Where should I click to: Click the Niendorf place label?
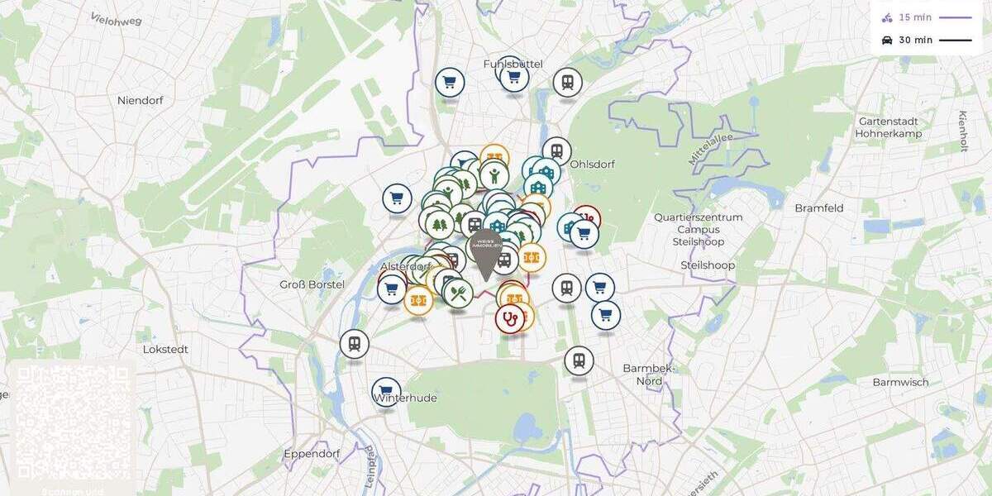[x=140, y=100]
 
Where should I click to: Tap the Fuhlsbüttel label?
[x=513, y=64]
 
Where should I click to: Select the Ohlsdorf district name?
[x=592, y=164]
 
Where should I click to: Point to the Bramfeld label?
[x=818, y=208]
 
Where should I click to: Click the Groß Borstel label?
[x=312, y=284]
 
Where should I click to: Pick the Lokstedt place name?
[x=165, y=349]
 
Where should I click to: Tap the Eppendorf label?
[x=312, y=454]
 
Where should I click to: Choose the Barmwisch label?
[x=900, y=382]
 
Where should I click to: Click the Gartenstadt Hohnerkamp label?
[x=889, y=126]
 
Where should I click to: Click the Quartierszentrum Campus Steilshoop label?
[x=699, y=230]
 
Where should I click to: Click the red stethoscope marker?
[x=509, y=318]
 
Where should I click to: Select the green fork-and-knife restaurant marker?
[x=459, y=292]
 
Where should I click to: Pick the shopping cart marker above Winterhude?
[x=385, y=391]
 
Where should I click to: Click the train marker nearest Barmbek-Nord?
[x=579, y=360]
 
